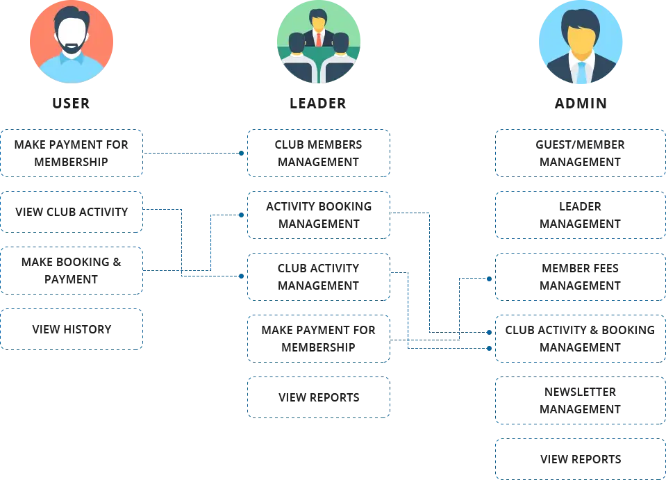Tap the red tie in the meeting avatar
tap(319, 38)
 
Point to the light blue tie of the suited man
tap(581, 72)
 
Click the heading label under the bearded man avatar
tap(72, 104)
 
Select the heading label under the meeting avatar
tap(319, 104)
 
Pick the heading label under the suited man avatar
tap(581, 104)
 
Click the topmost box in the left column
tap(72, 153)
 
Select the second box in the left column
tap(72, 210)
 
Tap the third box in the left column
tap(72, 270)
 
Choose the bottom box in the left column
tap(72, 328)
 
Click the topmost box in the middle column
tap(319, 153)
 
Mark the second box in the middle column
tap(319, 215)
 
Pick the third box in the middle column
tap(319, 276)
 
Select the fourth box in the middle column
tap(319, 339)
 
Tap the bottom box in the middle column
tap(319, 397)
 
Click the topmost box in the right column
tap(580, 153)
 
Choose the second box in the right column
tap(580, 215)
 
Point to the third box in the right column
tap(580, 276)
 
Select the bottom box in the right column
tap(580, 458)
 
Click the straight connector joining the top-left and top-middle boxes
tap(194, 152)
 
